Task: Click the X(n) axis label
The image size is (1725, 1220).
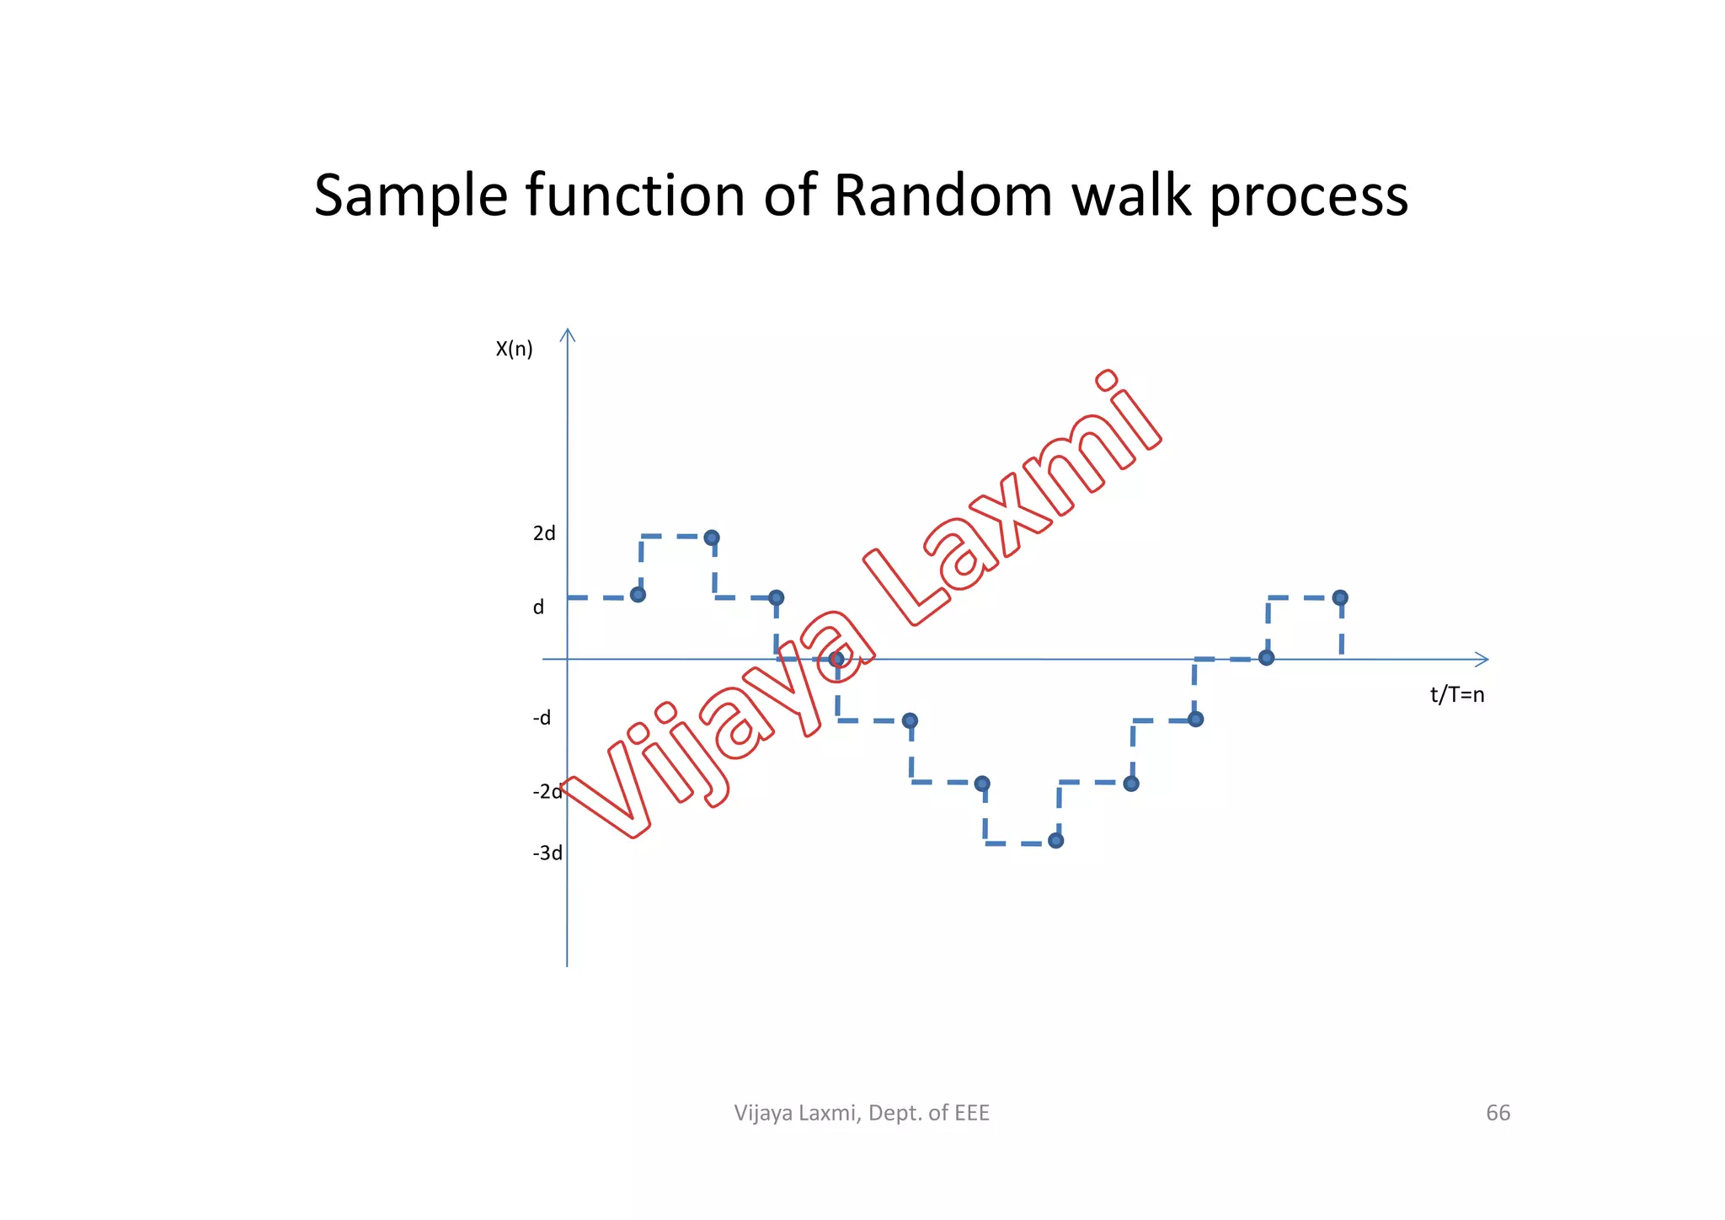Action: coord(514,349)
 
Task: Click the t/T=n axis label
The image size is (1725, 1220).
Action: coord(1457,695)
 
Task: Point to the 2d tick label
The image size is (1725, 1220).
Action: coord(544,533)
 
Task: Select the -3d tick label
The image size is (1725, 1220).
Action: coord(547,853)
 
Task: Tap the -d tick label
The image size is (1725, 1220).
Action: coord(542,718)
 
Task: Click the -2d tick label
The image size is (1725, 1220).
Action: coord(547,791)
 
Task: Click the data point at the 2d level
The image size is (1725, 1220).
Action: coord(712,538)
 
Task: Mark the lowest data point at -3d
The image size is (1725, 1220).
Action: coord(1056,840)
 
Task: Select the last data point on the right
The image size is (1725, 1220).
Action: coord(1340,597)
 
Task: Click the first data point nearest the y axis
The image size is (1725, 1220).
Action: coord(638,595)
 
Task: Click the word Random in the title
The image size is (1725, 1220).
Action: coord(943,195)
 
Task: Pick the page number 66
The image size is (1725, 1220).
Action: coord(1498,1113)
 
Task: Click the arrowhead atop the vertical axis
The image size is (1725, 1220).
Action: coord(569,334)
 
